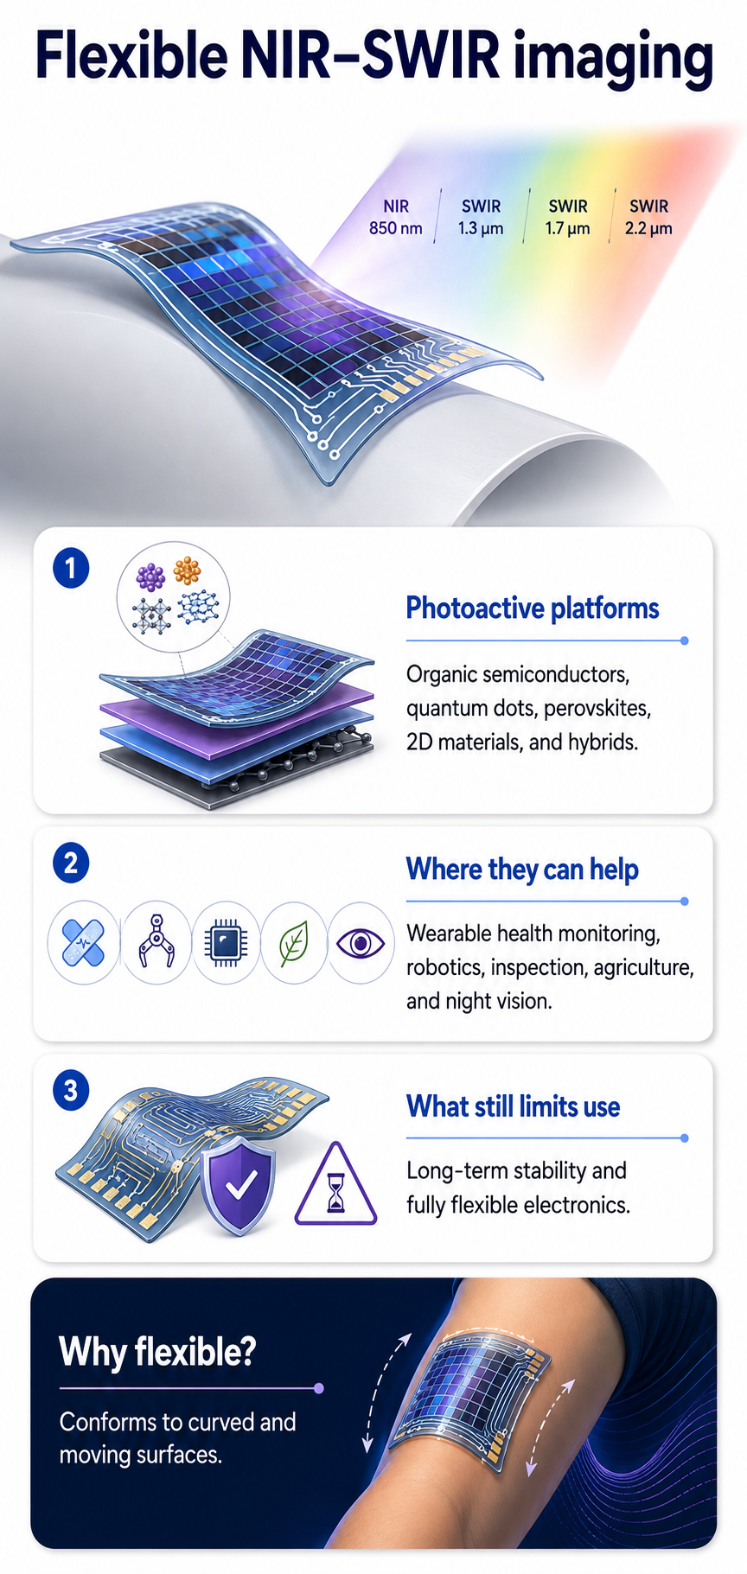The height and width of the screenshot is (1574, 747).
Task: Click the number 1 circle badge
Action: [71, 569]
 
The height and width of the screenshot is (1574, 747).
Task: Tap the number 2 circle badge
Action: [71, 863]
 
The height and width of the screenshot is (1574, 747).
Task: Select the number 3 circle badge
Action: [71, 1090]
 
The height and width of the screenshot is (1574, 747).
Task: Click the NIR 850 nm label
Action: [396, 217]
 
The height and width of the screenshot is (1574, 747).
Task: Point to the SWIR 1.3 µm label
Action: [481, 217]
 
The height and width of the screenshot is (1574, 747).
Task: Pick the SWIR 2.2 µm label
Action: [648, 217]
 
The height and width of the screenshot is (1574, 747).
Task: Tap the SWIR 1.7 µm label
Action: [567, 217]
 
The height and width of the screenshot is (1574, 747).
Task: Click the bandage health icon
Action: [83, 943]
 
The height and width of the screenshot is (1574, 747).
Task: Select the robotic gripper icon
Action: [156, 943]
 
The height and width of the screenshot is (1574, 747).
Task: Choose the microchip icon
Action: [226, 943]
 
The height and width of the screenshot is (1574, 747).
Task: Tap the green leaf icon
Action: [294, 943]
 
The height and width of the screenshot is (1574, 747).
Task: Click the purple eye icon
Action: [361, 943]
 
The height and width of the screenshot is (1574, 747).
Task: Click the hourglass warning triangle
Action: [335, 1186]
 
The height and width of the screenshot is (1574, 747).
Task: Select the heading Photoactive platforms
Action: [533, 609]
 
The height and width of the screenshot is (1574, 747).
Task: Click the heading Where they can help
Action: [522, 869]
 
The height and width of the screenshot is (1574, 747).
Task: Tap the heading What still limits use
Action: [514, 1106]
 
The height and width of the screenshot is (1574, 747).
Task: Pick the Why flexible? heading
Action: [157, 1352]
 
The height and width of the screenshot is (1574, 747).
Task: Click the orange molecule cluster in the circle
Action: [187, 571]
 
